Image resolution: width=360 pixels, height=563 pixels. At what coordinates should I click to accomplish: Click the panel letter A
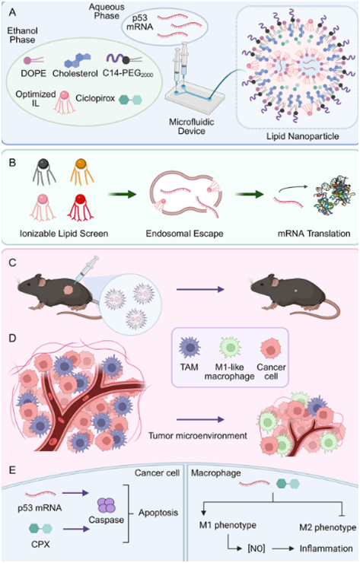coord(13,13)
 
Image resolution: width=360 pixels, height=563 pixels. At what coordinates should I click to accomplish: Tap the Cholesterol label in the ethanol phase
coord(75,73)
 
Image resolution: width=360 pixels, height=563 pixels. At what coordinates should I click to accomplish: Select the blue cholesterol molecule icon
coord(77,60)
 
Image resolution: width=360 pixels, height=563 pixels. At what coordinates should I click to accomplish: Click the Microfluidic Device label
coord(192,126)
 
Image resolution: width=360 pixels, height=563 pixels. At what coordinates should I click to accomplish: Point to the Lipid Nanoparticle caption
coord(302,136)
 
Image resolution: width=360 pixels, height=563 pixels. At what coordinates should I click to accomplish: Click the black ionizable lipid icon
coord(44,172)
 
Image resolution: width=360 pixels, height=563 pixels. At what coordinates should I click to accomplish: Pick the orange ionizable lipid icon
coord(82,172)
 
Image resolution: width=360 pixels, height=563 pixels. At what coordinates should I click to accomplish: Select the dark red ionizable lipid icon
coord(81,207)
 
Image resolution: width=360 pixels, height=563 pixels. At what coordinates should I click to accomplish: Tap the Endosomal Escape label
coord(184,234)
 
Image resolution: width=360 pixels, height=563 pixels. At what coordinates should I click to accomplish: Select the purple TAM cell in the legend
coord(190,348)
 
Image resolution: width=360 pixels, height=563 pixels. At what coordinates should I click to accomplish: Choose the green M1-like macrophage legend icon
coord(230,348)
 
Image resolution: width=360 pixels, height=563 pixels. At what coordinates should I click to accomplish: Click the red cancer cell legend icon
coord(271,348)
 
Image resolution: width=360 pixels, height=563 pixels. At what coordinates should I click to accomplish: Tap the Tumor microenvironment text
coord(198,435)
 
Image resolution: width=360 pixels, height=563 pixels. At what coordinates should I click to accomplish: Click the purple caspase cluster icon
coord(107,505)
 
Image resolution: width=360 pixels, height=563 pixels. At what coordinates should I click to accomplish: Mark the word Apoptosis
coord(158,512)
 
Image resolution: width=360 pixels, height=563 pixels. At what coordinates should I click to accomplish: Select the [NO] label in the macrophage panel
coord(256,549)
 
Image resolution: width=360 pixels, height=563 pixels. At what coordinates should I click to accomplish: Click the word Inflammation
coord(327,549)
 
